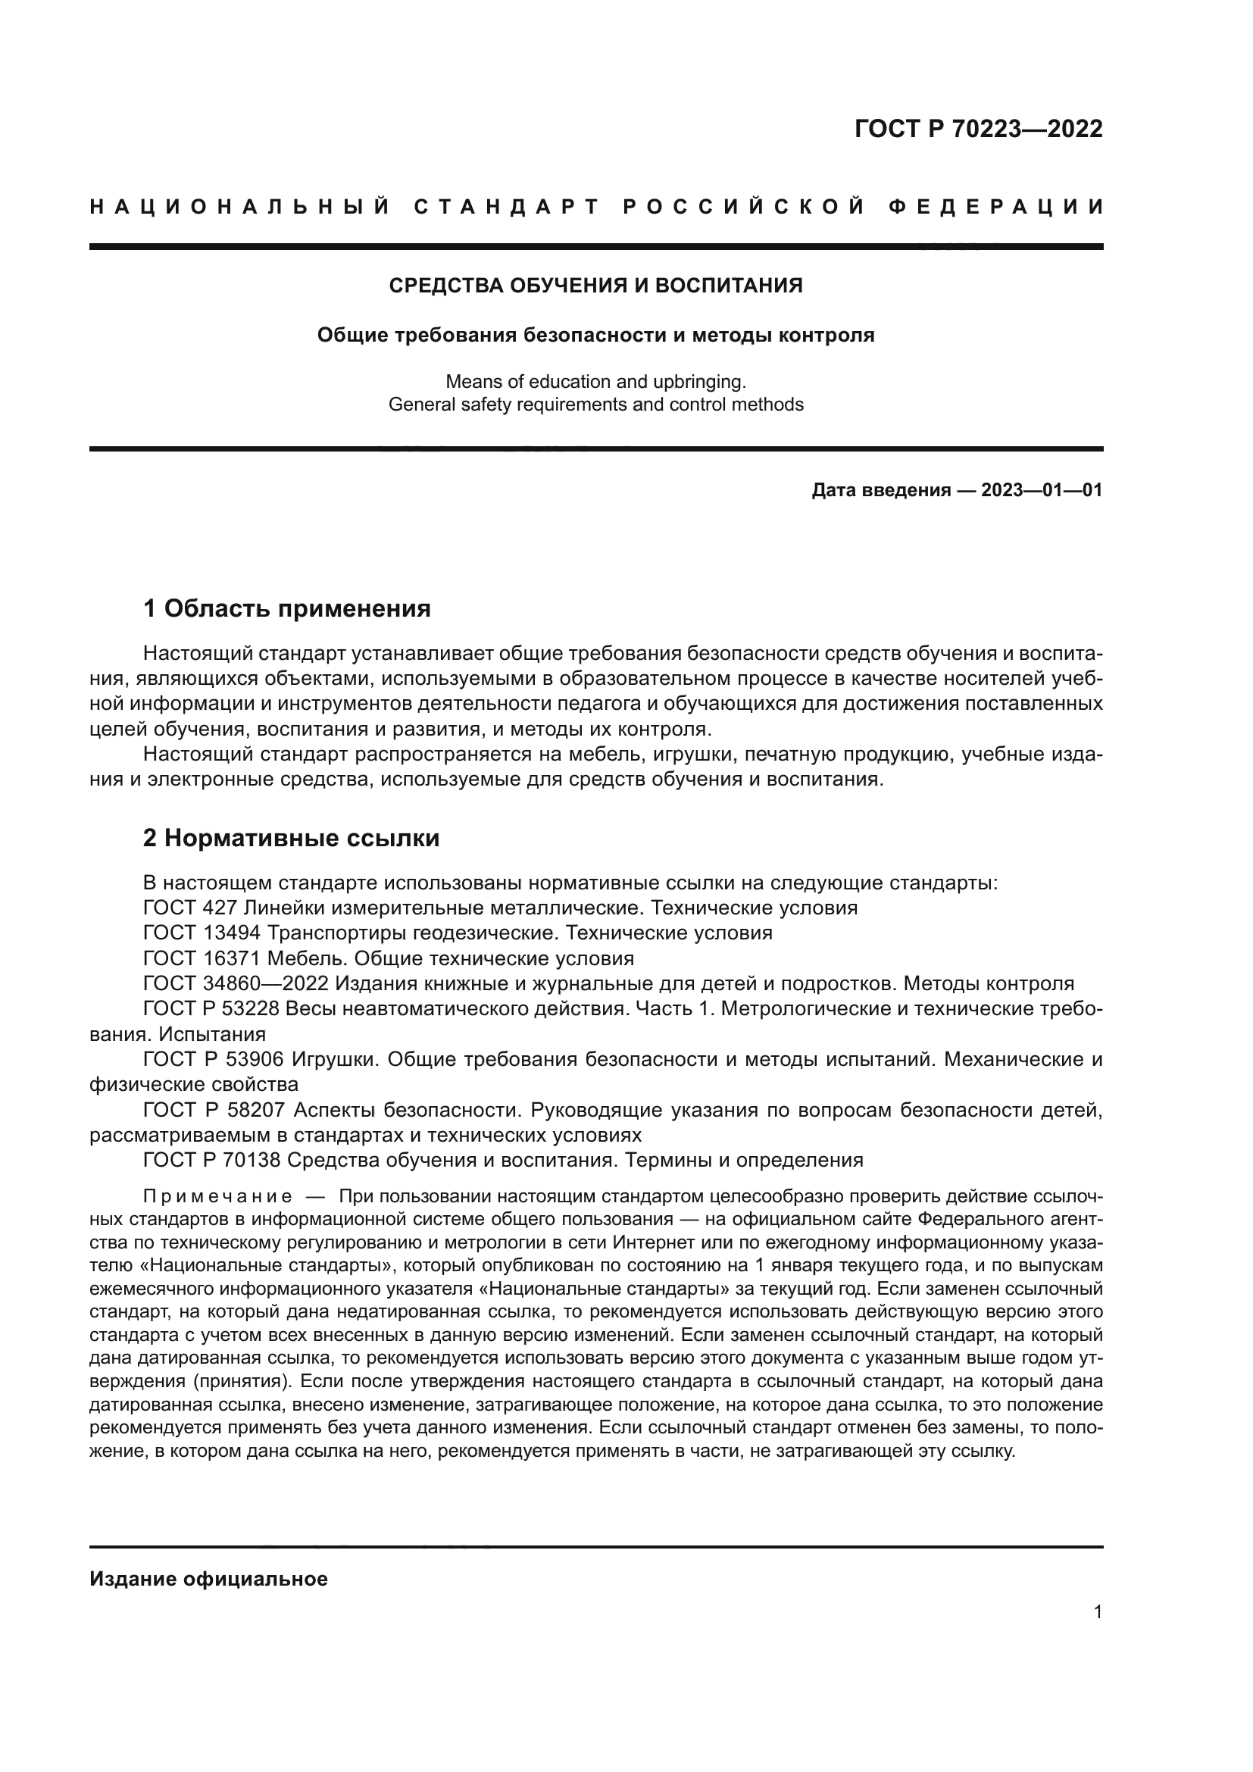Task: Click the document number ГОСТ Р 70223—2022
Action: pos(978,129)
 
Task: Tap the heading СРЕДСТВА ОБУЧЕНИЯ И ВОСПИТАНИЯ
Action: pos(595,286)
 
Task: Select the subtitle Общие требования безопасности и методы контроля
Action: pos(595,336)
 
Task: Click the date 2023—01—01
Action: pos(1042,490)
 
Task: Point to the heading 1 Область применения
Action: pos(287,609)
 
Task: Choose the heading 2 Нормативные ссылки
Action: pos(291,838)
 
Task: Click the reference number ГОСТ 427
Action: pos(190,908)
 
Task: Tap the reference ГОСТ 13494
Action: pos(202,933)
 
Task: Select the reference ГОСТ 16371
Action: pos(202,958)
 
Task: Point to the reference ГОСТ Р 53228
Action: pos(214,1009)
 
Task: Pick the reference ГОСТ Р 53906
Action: pos(214,1060)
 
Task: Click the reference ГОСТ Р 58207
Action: pos(214,1111)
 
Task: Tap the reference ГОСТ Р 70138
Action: pos(214,1160)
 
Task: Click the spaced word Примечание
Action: pos(217,1197)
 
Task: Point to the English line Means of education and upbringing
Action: pos(595,381)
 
